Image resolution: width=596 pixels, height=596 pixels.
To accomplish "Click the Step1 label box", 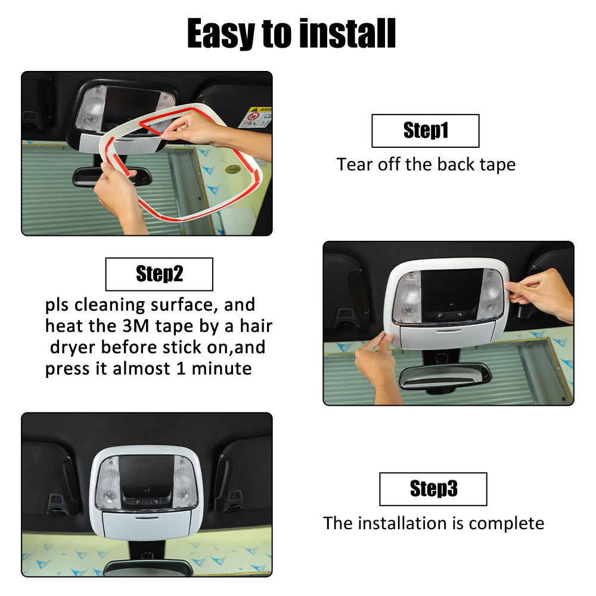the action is click(x=426, y=131).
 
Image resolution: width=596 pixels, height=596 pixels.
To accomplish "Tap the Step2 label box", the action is click(x=159, y=274).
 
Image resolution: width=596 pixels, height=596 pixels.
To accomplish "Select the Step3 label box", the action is click(x=433, y=489).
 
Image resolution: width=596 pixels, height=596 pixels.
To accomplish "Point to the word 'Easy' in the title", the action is click(x=221, y=34).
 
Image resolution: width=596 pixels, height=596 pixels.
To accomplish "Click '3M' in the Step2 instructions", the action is click(x=136, y=326).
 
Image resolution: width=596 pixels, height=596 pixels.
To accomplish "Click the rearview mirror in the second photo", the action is click(x=445, y=377).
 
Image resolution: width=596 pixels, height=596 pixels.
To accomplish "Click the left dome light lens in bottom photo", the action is click(x=108, y=483).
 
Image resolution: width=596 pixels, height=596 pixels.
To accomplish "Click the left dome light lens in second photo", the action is click(x=408, y=297).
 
